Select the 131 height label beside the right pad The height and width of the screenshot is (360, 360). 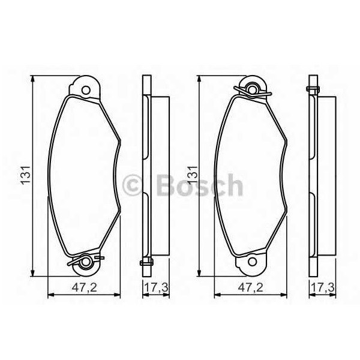click(x=192, y=175)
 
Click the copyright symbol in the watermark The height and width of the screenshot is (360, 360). click(x=133, y=184)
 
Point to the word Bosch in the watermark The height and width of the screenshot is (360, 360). click(x=198, y=184)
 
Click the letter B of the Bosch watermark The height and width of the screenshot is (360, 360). click(x=166, y=184)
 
